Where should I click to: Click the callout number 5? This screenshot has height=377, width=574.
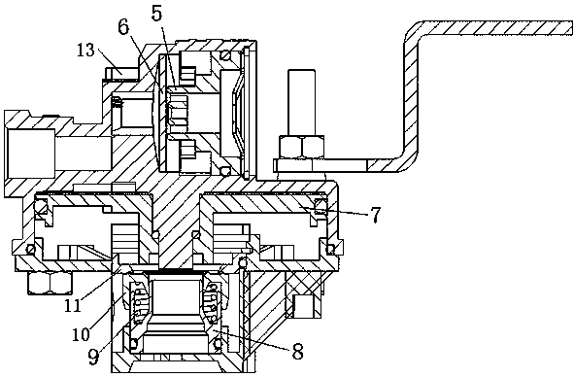(156, 13)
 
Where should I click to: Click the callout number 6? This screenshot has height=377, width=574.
(123, 26)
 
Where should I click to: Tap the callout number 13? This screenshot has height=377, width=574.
(86, 50)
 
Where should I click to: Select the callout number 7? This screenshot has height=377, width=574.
(376, 215)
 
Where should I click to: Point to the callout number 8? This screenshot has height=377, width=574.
(297, 351)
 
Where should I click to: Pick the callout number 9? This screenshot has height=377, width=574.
(93, 357)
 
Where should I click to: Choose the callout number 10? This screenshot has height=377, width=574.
(81, 333)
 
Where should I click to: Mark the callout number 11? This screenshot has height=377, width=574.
(72, 305)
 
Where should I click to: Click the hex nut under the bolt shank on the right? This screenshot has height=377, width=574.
(302, 147)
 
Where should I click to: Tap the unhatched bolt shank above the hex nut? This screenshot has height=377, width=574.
(302, 102)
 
